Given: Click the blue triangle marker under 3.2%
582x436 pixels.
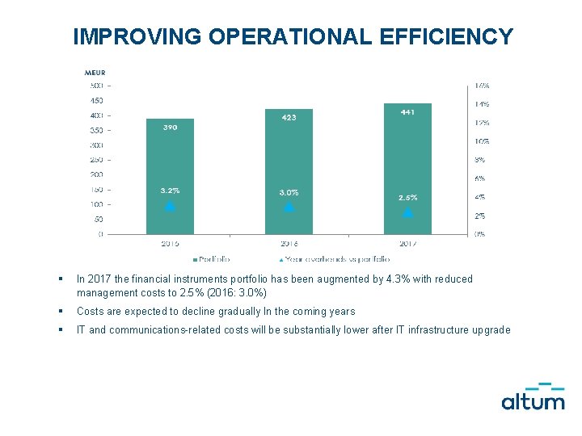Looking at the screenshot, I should click(170, 206).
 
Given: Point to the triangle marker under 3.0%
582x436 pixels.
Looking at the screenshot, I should click(289, 207).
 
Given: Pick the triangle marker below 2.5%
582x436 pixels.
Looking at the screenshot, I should click(407, 212).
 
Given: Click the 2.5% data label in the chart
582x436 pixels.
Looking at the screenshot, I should click(407, 197).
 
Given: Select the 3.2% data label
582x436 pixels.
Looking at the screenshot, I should click(170, 191).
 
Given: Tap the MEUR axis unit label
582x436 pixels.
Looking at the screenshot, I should click(95, 73).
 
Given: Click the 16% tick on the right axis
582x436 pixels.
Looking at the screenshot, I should click(481, 86).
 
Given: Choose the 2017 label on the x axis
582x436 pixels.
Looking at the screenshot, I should click(407, 243).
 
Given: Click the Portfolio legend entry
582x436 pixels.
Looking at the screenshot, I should click(211, 259).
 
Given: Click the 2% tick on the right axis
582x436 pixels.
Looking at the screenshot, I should click(480, 216).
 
